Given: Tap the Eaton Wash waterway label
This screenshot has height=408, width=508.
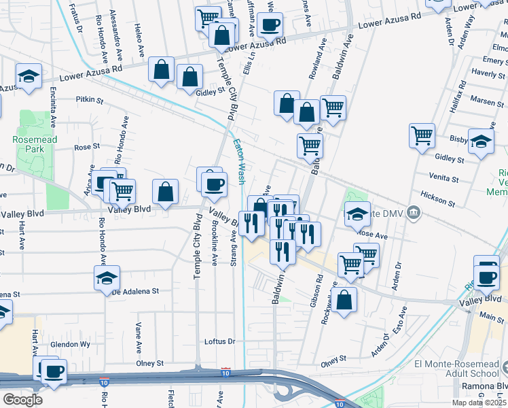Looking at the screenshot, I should tap(239, 162).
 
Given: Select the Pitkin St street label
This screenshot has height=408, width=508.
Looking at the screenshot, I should tap(89, 100).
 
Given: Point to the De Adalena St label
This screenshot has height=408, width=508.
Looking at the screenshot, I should tap(134, 290).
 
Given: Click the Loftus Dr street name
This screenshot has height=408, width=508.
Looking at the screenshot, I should tap(219, 341).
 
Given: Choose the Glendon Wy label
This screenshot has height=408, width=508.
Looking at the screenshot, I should tap(75, 344).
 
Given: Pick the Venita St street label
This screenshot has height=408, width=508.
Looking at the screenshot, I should tap(446, 175).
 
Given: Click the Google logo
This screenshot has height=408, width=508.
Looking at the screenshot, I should tap(22, 400).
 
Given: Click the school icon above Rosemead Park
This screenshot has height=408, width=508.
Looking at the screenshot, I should tap(29, 78).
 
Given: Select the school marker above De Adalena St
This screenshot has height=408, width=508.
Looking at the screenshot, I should tap(107, 279).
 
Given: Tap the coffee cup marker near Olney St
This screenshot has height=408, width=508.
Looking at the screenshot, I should tap(54, 371).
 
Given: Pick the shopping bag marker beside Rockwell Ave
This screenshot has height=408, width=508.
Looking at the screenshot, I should tap(345, 300).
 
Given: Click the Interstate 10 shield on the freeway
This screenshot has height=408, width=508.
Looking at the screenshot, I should tap(225, 372).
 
